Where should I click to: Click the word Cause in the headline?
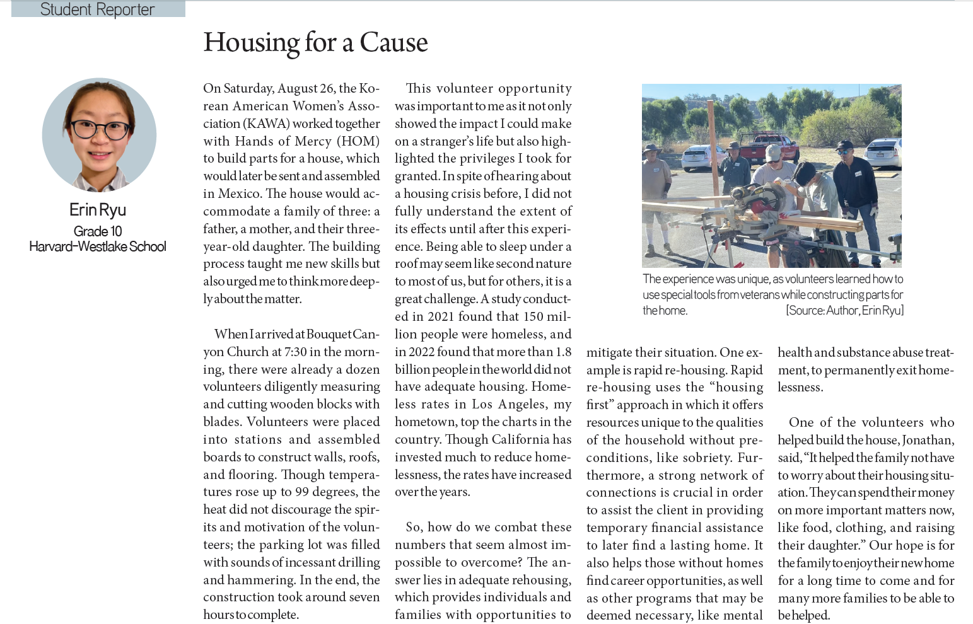click(393, 43)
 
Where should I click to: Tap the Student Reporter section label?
click(98, 9)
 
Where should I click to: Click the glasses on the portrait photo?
click(99, 129)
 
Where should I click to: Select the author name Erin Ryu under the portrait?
click(98, 210)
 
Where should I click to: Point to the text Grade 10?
click(98, 231)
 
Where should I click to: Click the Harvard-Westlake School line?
click(98, 246)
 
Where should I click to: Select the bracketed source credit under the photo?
click(844, 310)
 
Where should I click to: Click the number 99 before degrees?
click(302, 492)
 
